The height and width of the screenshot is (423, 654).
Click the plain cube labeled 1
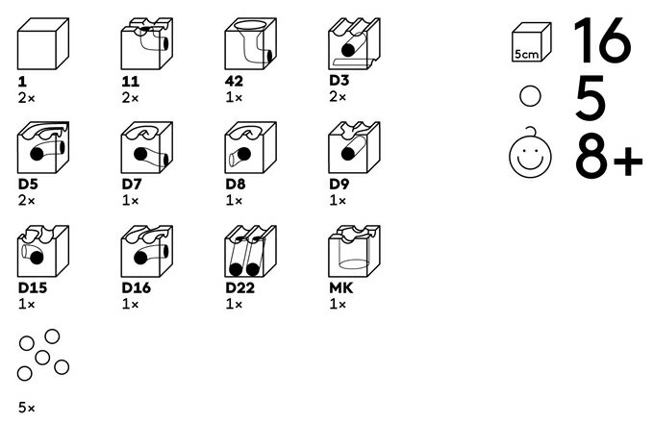tap(43, 43)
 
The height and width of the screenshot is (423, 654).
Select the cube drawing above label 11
tap(147, 43)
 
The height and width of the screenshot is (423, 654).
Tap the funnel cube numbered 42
tap(251, 43)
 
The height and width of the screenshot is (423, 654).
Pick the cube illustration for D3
tap(355, 43)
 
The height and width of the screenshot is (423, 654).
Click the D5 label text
tap(28, 184)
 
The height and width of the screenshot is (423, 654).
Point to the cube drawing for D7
tap(147, 147)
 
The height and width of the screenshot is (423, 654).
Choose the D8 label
tap(236, 184)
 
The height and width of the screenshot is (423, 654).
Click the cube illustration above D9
tap(355, 147)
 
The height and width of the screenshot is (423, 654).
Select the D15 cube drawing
tap(43, 251)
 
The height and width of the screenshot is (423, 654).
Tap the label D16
tap(137, 287)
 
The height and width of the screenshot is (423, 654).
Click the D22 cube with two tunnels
tap(251, 251)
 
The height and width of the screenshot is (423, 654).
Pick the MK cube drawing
tap(355, 251)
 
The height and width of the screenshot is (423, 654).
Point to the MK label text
tap(341, 287)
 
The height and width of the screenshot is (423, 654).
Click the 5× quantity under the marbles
tap(27, 408)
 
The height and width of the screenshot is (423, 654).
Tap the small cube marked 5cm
tap(532, 42)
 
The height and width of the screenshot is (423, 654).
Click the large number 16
tap(602, 40)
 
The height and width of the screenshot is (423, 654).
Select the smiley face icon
tap(530, 153)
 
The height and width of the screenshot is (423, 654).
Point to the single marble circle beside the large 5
tap(530, 96)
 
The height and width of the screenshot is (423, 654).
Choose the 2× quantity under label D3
tap(338, 97)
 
